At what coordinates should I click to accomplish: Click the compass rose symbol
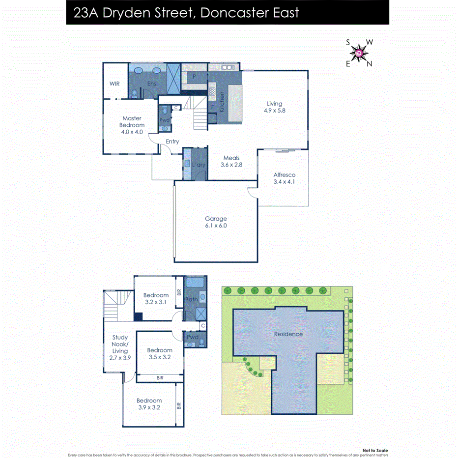click(x=360, y=53)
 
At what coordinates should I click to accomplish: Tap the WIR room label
click(x=114, y=84)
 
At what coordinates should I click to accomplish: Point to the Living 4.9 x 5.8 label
click(x=275, y=107)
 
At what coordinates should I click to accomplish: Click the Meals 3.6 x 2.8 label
click(x=231, y=161)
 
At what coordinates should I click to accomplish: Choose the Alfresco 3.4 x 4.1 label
click(x=285, y=178)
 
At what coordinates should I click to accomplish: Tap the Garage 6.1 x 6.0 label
click(x=216, y=222)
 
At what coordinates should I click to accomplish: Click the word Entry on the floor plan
click(x=172, y=142)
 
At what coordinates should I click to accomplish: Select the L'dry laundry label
click(x=200, y=165)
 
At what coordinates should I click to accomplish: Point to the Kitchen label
click(x=222, y=101)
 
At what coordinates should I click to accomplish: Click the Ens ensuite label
click(x=151, y=84)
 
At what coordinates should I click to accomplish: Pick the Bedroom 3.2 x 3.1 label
click(x=156, y=299)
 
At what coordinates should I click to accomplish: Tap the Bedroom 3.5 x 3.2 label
click(x=159, y=354)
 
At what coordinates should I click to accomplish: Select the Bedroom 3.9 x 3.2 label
click(x=149, y=404)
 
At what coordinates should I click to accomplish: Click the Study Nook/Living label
click(x=120, y=348)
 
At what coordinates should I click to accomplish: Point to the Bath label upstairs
click(x=191, y=299)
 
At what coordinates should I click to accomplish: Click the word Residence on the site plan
click(x=288, y=334)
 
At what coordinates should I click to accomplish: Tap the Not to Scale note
click(x=375, y=450)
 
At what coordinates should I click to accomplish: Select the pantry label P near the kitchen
click(x=194, y=77)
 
